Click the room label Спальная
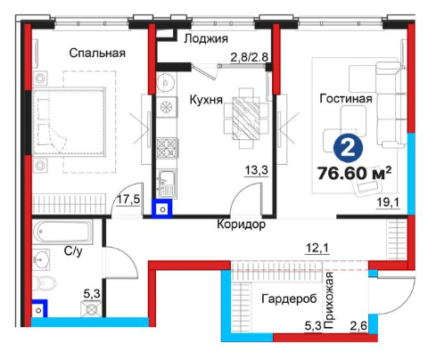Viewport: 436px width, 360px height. (97, 53)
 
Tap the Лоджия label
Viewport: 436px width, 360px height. (206, 39)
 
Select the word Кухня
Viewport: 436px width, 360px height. (206, 100)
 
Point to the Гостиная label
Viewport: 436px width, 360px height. (346, 98)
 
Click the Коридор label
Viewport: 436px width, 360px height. (242, 225)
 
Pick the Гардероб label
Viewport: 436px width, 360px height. (289, 299)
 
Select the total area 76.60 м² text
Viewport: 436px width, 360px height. (354, 173)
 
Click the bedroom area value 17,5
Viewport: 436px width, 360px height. (128, 200)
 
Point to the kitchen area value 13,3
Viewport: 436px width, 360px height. (257, 170)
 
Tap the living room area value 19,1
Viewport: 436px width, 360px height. (388, 203)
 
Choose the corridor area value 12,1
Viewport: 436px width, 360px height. (317, 248)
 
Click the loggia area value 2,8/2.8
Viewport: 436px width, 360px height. (250, 57)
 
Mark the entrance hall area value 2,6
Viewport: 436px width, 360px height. (358, 327)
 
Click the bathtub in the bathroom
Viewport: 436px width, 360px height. (62, 232)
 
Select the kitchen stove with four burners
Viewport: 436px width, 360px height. (167, 148)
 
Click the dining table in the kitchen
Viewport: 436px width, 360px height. (245, 119)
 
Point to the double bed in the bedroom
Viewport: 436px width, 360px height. (69, 121)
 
